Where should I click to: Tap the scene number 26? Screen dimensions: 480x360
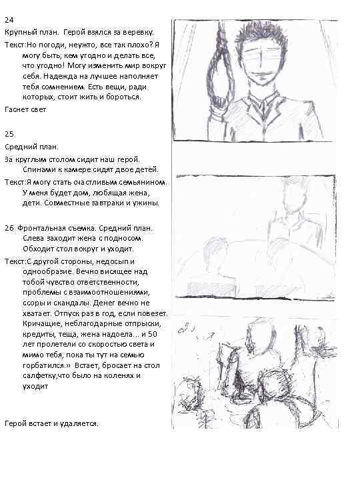[9, 228]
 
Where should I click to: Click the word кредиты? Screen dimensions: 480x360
[37, 333]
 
